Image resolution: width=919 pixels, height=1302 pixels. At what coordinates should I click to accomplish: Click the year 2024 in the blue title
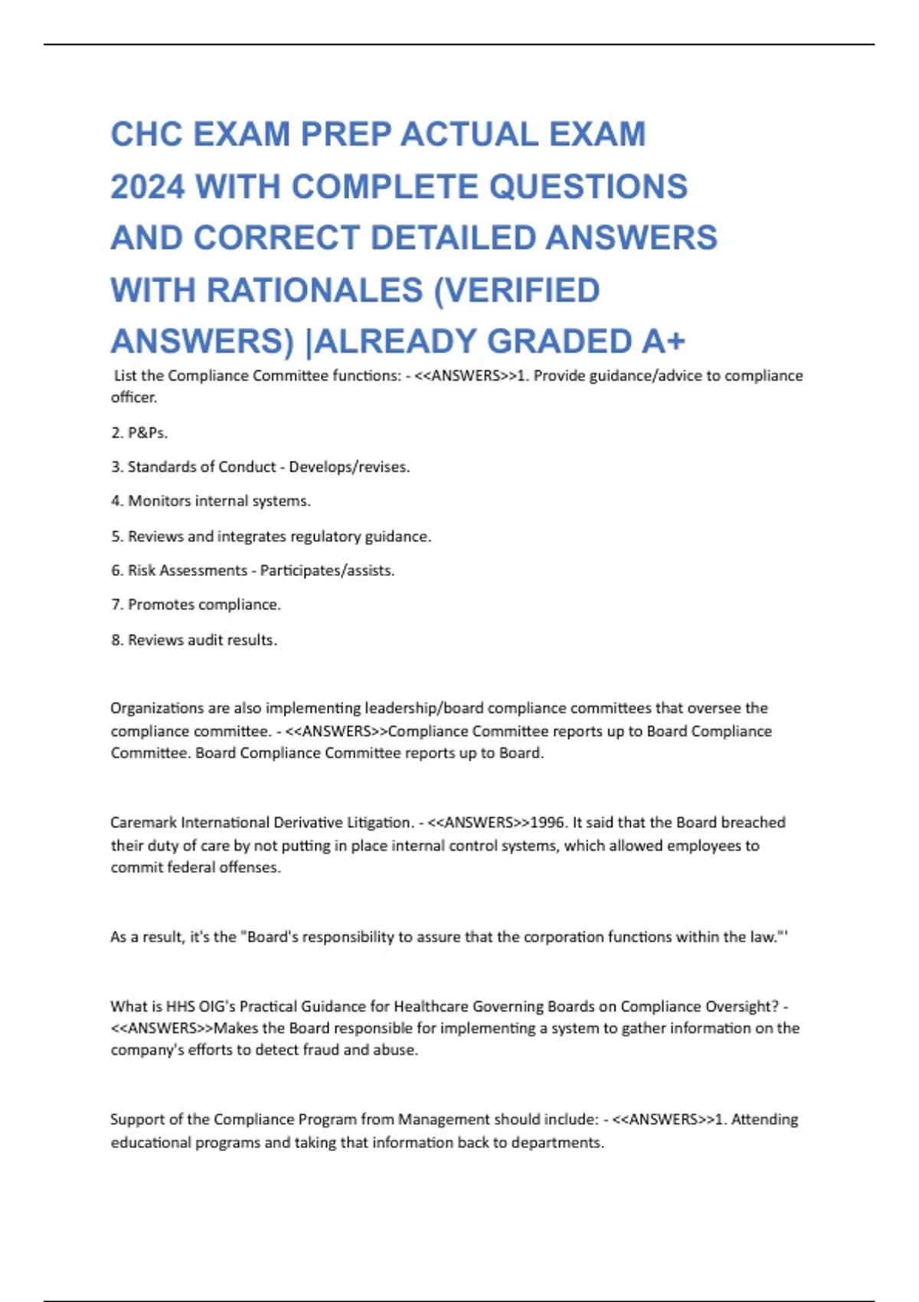(147, 187)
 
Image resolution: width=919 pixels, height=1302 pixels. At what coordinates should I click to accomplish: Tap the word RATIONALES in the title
(315, 290)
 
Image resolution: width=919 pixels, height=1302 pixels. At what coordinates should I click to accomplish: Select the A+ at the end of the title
(663, 342)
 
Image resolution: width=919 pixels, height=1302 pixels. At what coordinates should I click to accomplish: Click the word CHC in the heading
(146, 135)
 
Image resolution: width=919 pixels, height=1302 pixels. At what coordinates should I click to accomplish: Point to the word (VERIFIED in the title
(517, 290)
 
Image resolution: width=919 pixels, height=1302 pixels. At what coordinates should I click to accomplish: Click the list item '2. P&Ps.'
(139, 433)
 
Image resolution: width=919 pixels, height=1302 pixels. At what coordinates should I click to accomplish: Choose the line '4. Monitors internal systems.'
(211, 501)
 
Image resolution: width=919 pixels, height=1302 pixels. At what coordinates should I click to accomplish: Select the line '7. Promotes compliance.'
(196, 604)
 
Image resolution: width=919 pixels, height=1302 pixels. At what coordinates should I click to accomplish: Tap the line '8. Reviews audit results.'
(194, 640)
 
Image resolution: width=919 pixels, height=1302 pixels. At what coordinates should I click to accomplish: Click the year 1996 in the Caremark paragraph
(547, 823)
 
